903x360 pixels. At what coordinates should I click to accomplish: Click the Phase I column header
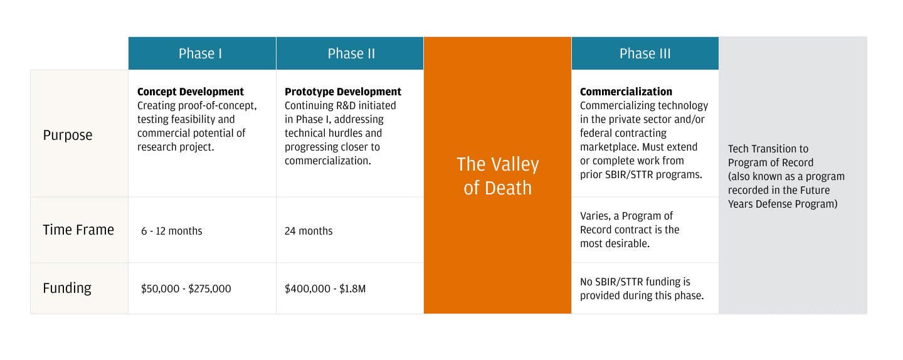tap(201, 53)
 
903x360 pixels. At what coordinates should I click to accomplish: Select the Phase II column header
tap(351, 53)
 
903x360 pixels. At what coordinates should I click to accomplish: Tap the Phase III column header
tap(645, 53)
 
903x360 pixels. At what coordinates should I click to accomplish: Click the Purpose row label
tap(68, 135)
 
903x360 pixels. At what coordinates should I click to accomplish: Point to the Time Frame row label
tap(78, 230)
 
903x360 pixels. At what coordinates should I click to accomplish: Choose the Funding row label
tap(67, 289)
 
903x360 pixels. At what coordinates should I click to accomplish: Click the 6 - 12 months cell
tap(172, 231)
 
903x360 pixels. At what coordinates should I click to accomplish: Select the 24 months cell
tap(309, 231)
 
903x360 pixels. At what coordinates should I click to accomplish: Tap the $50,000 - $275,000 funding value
tap(186, 289)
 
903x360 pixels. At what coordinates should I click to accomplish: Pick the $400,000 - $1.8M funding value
tap(325, 289)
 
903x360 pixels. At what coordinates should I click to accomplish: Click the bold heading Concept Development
tap(190, 92)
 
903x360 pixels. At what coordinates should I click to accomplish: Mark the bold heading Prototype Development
tap(343, 92)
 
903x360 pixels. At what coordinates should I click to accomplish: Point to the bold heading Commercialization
tap(626, 92)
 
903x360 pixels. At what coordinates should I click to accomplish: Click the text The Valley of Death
tap(497, 176)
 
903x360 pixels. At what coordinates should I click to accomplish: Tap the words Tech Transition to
tap(768, 149)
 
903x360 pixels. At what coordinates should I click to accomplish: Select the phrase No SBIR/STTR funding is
tap(635, 282)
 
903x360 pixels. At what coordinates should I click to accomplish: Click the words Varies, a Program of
tap(626, 216)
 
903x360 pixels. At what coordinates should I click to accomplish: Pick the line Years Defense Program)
tap(783, 204)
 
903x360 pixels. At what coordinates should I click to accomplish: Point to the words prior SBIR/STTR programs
tap(641, 174)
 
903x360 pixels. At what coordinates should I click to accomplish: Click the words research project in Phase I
tap(176, 147)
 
